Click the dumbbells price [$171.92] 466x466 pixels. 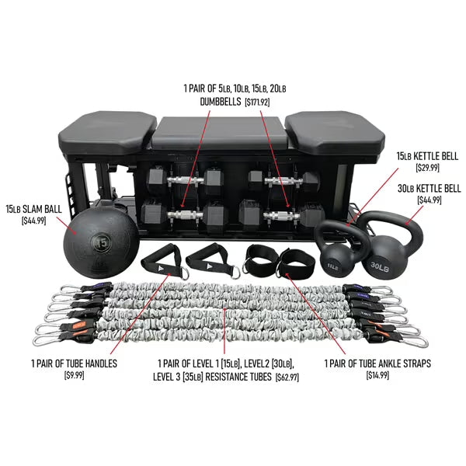[x=257, y=103]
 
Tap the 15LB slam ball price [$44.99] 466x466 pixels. [x=34, y=221]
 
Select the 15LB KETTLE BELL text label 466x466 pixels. [x=427, y=156]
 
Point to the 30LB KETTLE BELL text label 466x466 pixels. [x=429, y=189]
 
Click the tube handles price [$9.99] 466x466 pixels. [x=75, y=375]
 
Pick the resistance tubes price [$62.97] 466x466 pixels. [x=287, y=377]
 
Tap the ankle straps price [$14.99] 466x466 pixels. [x=377, y=375]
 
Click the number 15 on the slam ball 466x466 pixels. [x=101, y=243]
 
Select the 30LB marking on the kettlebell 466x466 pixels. [x=380, y=266]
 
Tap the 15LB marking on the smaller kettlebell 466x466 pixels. [x=332, y=266]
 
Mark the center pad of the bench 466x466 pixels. [x=220, y=133]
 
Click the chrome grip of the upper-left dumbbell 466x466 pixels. [x=186, y=180]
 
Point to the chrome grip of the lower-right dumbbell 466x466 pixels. [x=281, y=215]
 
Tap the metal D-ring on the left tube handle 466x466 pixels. [x=184, y=273]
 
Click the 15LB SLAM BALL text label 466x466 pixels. [x=34, y=209]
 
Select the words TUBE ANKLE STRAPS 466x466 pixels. [x=395, y=363]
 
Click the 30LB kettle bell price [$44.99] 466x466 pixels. [x=429, y=200]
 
